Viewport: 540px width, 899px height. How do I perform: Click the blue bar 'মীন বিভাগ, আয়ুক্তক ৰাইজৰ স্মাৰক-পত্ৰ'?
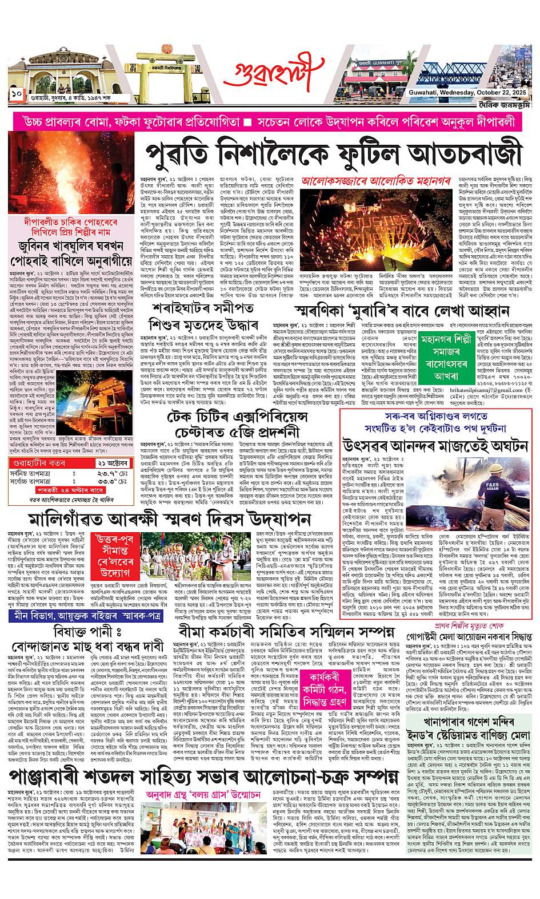(x=86, y=616)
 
